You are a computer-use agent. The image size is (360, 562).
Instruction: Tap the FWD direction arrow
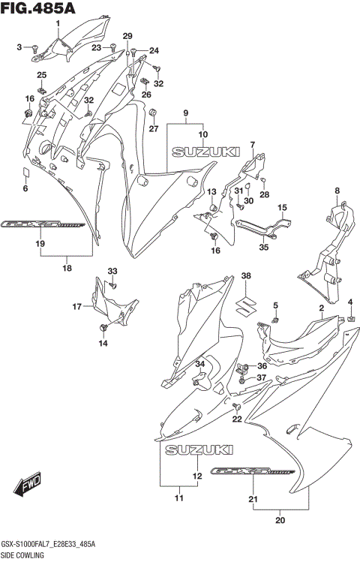(x=30, y=486)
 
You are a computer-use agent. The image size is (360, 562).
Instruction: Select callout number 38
(x=245, y=277)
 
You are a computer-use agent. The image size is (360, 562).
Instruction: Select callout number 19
(x=40, y=243)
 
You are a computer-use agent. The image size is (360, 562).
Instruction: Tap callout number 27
(x=153, y=129)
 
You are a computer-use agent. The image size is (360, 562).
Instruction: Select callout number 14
(x=103, y=343)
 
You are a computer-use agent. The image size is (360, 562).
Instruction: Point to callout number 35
(x=263, y=247)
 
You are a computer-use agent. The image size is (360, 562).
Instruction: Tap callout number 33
(x=112, y=271)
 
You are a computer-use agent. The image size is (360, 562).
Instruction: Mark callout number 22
(x=237, y=419)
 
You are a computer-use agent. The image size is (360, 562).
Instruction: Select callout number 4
(x=349, y=302)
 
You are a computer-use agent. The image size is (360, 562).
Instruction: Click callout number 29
(x=127, y=37)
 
